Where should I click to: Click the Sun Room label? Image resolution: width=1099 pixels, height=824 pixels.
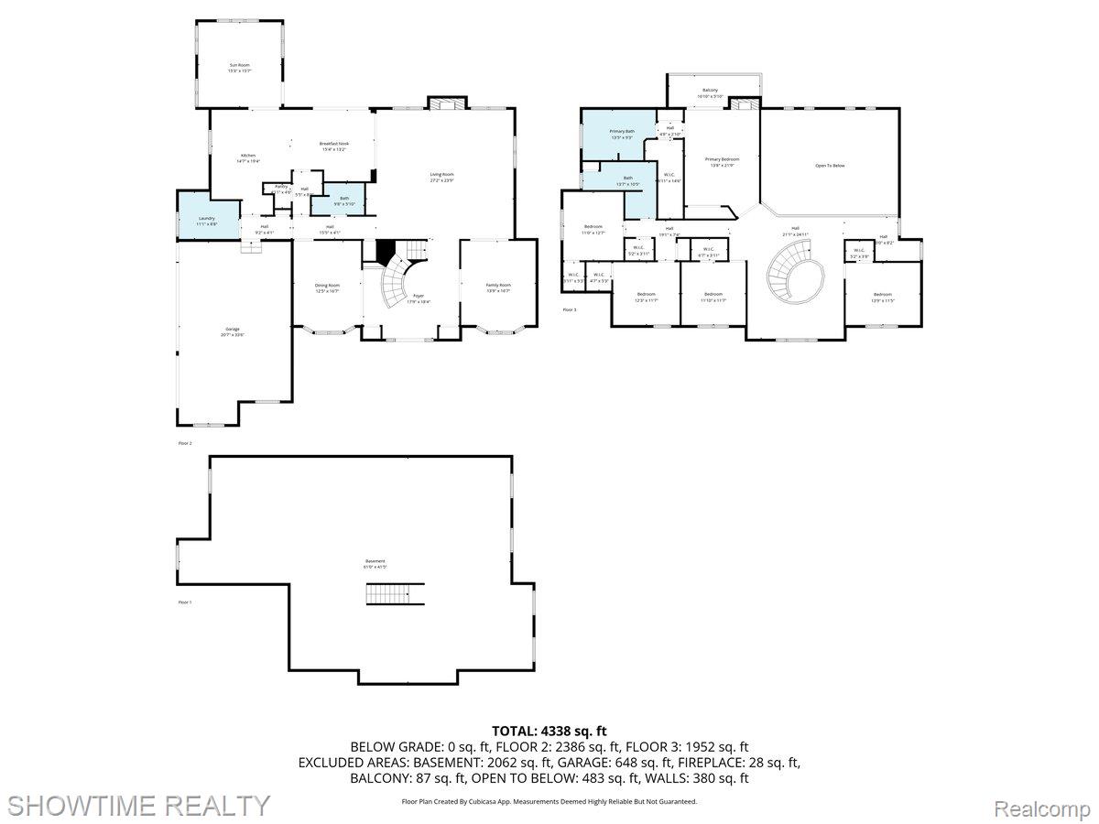(x=239, y=67)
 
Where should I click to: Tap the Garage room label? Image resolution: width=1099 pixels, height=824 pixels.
(x=234, y=331)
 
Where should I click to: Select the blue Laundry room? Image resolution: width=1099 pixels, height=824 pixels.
(x=206, y=220)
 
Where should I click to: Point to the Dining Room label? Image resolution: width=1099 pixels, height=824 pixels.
(x=327, y=287)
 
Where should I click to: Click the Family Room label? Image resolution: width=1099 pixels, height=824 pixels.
(x=498, y=287)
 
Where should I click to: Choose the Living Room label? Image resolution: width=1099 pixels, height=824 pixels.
(x=442, y=177)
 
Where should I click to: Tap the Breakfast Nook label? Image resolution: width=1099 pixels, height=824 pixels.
(x=333, y=146)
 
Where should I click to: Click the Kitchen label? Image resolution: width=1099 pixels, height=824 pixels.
(x=248, y=157)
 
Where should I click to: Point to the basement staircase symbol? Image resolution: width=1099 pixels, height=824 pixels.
(x=396, y=593)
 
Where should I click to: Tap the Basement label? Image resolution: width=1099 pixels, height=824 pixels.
(x=375, y=563)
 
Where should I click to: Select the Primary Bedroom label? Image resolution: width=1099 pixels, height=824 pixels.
(x=722, y=161)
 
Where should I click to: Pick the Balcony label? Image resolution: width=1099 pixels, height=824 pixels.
(x=710, y=92)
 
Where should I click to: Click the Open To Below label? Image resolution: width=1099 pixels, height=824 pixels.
(x=830, y=166)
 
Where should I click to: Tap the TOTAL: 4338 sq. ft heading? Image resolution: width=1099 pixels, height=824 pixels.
(x=549, y=730)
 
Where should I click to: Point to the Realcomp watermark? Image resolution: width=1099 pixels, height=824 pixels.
(x=1041, y=809)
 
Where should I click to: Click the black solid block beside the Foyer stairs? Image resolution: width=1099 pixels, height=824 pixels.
(x=386, y=249)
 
